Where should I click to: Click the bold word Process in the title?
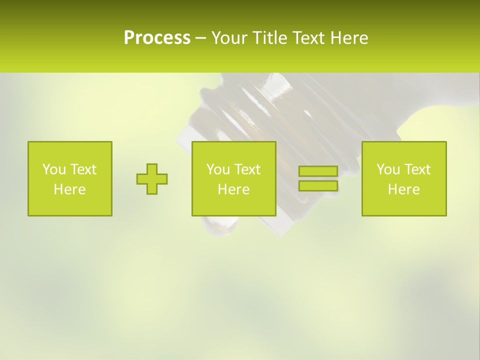coord(157,37)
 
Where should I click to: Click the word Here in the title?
coord(349,37)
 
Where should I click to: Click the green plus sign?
coord(152,179)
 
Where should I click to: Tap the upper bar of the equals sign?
coord(318,171)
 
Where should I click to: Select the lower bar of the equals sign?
coord(318,185)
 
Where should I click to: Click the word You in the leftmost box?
coord(54,169)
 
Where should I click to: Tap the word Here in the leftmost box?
coord(69,189)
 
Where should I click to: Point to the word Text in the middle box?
coord(247,169)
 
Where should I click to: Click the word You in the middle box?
coord(218,169)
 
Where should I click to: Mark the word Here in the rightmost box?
coord(403,189)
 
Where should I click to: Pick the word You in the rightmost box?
coord(388,169)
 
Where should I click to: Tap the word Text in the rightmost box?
coord(417,169)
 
